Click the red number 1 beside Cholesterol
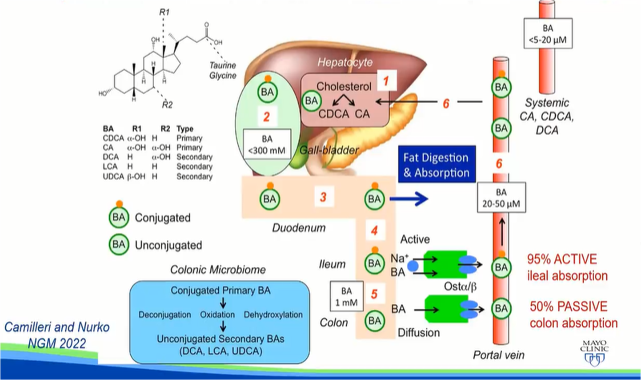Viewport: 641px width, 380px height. [385, 81]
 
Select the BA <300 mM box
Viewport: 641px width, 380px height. [267, 145]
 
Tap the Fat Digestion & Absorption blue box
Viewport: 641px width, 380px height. [437, 165]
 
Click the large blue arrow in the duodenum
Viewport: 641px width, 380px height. [409, 199]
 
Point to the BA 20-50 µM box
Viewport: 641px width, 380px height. [501, 198]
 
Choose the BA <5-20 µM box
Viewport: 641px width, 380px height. [548, 34]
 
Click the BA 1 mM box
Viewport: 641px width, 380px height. [346, 297]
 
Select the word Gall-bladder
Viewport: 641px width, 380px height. [329, 150]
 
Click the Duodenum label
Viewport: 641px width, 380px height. [299, 228]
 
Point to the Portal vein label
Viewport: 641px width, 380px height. [498, 355]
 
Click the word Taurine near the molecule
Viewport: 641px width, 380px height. [223, 65]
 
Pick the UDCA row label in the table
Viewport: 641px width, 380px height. [113, 176]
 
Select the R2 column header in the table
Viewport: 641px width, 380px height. [165, 129]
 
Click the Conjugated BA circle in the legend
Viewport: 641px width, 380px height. [119, 217]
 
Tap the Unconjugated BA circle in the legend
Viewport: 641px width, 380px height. [119, 244]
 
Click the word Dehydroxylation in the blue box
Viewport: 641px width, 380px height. [273, 315]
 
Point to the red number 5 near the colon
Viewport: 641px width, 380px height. [374, 294]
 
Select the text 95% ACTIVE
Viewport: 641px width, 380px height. [562, 259]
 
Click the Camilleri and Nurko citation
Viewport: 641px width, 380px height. [57, 327]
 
